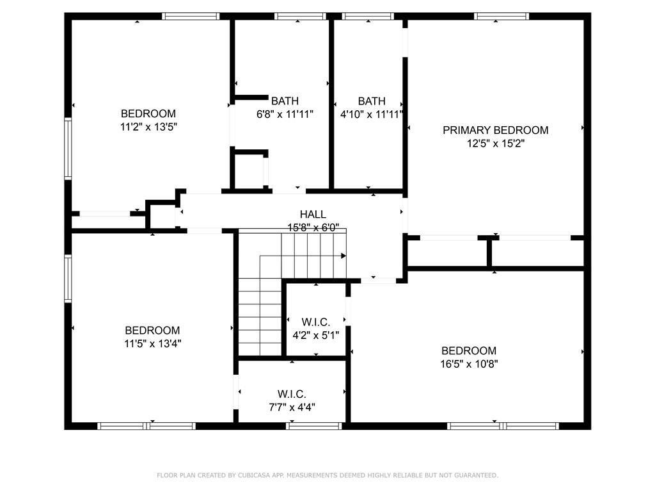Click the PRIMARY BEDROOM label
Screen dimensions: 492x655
[x=495, y=130]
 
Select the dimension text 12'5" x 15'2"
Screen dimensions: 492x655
[x=496, y=143]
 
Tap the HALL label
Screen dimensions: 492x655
[x=313, y=215]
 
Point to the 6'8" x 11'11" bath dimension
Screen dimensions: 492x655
[x=285, y=114]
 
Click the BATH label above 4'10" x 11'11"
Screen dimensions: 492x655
[x=372, y=101]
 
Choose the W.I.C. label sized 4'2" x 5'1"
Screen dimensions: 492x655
[x=315, y=322]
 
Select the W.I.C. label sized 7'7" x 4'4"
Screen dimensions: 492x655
[x=292, y=393]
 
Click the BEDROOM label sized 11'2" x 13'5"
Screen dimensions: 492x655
[x=148, y=114]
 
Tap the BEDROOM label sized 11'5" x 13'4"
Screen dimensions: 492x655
[x=152, y=330]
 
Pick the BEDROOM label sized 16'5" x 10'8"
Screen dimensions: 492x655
[x=469, y=350]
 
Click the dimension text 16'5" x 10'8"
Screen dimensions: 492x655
[x=469, y=364]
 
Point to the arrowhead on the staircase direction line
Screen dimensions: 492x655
[x=343, y=256]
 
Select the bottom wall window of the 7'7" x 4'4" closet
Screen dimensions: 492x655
[x=313, y=425]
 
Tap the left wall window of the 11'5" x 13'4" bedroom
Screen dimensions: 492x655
[x=68, y=278]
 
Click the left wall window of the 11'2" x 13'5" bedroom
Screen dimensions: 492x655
[x=68, y=147]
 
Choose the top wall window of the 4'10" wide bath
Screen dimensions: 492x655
[x=368, y=16]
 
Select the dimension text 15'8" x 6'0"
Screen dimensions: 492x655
[x=313, y=227]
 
